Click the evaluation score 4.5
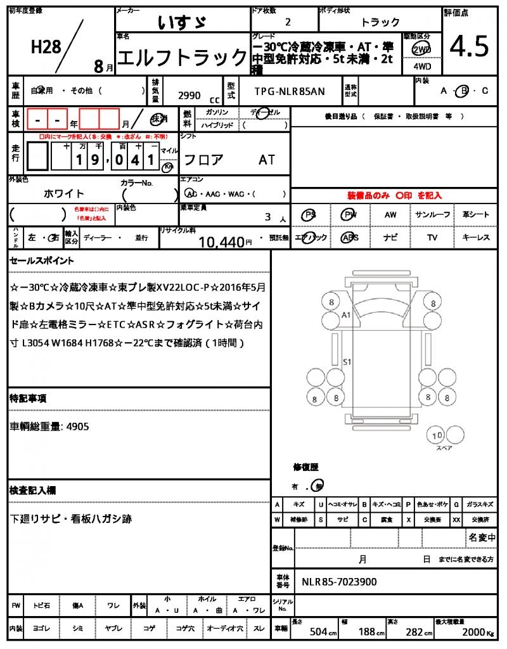[469, 46]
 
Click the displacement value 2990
[189, 96]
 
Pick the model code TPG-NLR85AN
[290, 91]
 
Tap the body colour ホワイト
[64, 193]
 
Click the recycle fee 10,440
[222, 241]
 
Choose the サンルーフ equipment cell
[432, 215]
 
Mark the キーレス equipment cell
[476, 238]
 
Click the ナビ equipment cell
[390, 238]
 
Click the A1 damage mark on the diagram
[346, 314]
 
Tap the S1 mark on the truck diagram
[347, 362]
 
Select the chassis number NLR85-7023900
[340, 581]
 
